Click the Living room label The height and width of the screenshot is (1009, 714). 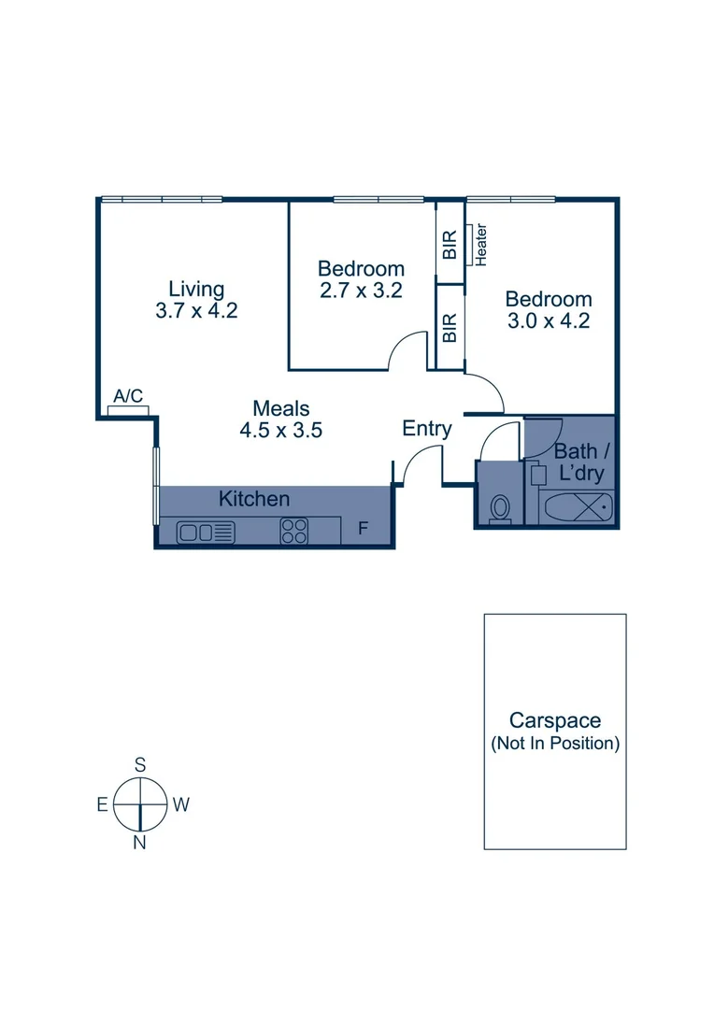[x=196, y=288]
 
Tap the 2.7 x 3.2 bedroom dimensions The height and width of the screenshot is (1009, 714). [x=361, y=291]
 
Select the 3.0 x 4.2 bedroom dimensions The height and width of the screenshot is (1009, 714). [x=549, y=321]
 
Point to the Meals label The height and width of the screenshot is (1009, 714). [x=280, y=408]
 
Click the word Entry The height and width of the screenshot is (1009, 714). [x=427, y=429]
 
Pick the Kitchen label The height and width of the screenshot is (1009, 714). [x=254, y=500]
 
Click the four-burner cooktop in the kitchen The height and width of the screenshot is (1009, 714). [x=294, y=532]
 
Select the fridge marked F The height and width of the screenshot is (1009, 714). [x=364, y=530]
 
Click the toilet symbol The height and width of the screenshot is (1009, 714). [x=500, y=509]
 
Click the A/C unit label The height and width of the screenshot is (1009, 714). [x=128, y=396]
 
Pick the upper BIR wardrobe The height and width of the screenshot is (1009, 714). [x=450, y=245]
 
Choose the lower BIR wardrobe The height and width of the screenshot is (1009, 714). [x=450, y=327]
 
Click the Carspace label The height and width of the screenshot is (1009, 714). [x=554, y=720]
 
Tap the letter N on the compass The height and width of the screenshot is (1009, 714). [x=139, y=843]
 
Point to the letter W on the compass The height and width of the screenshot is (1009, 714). [x=181, y=804]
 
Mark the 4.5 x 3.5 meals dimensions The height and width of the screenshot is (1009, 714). [x=280, y=431]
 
